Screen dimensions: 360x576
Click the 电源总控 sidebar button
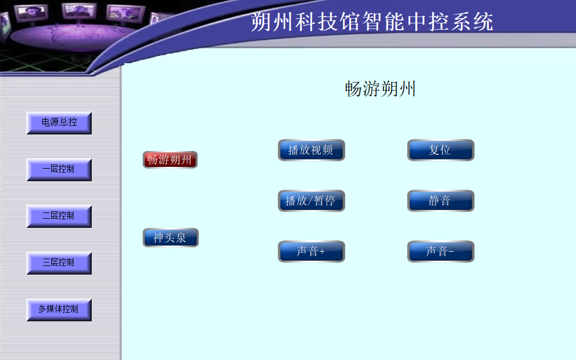(x=59, y=122)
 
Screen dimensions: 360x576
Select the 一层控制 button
(x=59, y=169)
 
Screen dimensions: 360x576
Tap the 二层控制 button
(x=59, y=216)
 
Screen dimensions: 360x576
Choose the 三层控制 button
(x=59, y=263)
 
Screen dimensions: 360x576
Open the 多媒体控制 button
(x=59, y=309)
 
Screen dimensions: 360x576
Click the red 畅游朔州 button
(x=170, y=159)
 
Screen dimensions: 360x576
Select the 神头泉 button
(x=170, y=238)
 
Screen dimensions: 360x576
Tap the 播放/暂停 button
(x=311, y=201)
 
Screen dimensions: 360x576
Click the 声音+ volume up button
(x=311, y=251)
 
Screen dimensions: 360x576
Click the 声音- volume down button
(x=440, y=251)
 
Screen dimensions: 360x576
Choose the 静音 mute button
(x=440, y=201)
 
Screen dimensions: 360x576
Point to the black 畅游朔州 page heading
(x=380, y=89)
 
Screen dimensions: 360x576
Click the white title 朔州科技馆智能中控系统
(x=372, y=22)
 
